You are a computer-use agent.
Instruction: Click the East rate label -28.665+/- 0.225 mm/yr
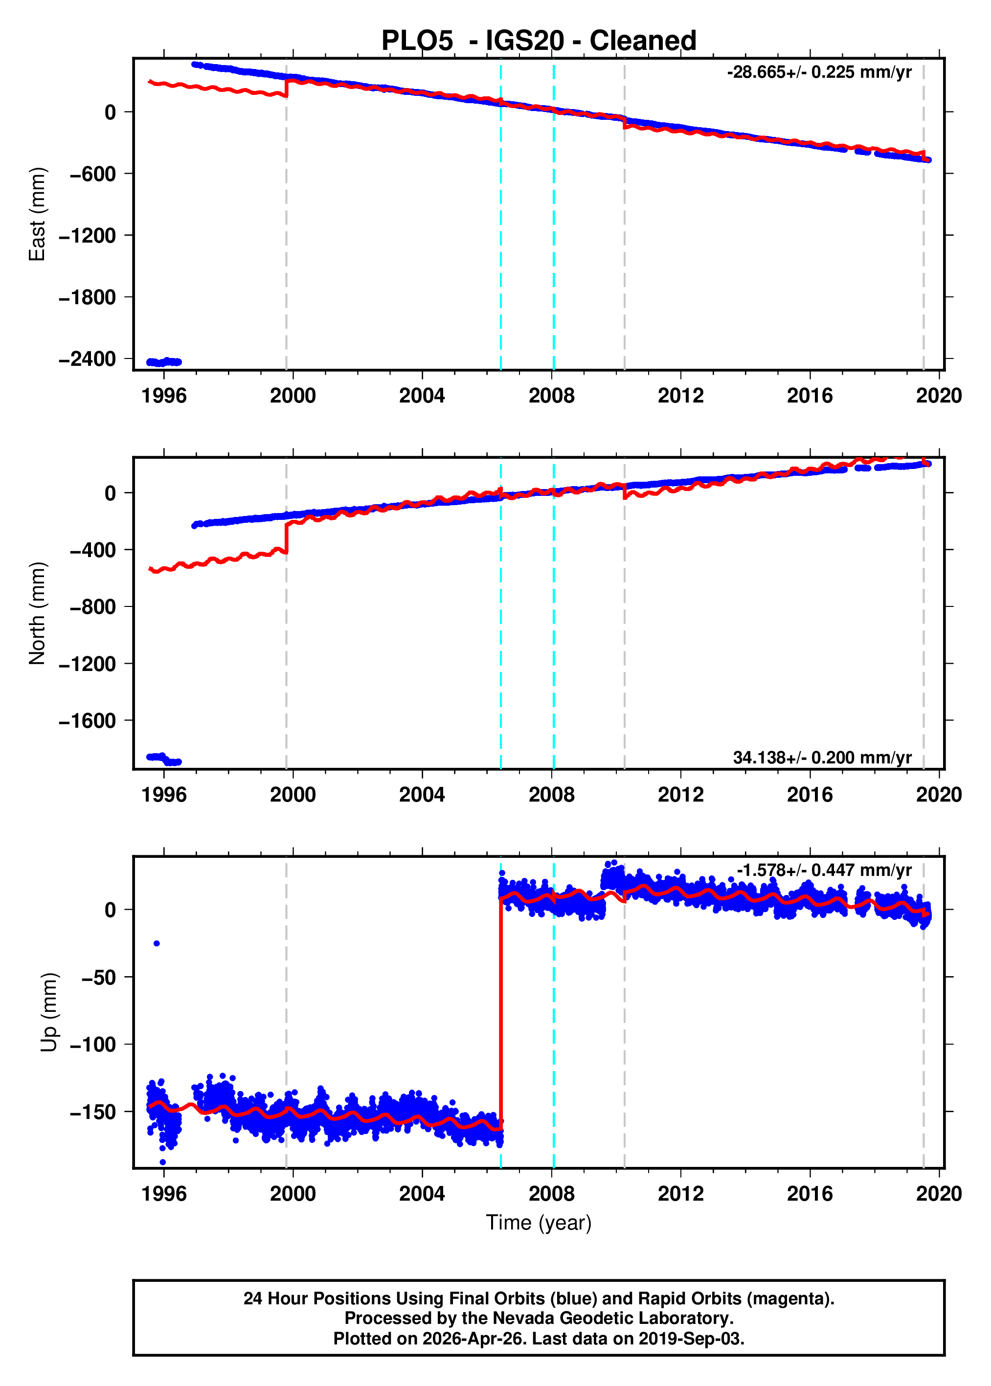[x=819, y=72]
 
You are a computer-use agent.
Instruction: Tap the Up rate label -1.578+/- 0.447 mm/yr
[x=824, y=870]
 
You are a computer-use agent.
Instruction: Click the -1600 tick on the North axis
[x=87, y=720]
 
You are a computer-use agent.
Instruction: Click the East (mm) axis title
[x=37, y=214]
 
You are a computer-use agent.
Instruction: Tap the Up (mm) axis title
[x=49, y=1013]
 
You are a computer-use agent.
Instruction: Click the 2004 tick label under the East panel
[x=422, y=395]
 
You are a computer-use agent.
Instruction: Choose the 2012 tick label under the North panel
[x=680, y=794]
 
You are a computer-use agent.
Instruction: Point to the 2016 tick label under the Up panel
[x=809, y=1193]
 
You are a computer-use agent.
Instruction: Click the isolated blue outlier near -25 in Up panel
[x=157, y=943]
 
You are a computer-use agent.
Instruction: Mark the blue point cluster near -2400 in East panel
[x=163, y=362]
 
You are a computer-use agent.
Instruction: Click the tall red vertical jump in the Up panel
[x=501, y=1013]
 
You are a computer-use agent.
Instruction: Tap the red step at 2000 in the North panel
[x=286, y=537]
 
